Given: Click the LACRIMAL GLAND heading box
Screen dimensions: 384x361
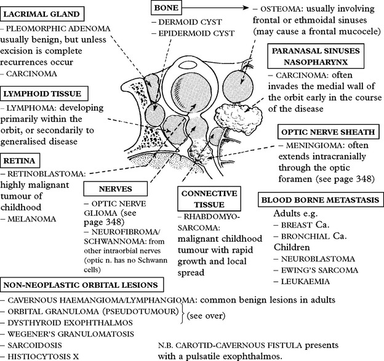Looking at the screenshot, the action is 42,14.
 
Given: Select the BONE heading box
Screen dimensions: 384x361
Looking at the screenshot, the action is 166,8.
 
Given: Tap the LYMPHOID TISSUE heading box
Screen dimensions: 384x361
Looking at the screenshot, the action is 44,93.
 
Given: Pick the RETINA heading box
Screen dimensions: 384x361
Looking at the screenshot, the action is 20,161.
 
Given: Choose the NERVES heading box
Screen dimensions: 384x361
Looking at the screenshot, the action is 115,189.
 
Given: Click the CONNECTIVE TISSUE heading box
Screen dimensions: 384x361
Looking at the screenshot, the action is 209,199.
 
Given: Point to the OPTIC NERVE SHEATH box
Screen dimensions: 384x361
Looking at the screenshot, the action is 328,132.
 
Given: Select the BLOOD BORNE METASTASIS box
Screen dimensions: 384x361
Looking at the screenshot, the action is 321,200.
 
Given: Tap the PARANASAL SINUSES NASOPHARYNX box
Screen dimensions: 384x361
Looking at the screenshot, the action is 316,57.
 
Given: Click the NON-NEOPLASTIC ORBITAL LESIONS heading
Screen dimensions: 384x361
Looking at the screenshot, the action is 82,285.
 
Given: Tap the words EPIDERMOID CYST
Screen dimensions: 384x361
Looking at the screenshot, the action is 196,33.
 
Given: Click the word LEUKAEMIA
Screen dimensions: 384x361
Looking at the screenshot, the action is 305,282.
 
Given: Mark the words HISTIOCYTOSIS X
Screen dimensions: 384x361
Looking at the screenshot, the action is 43,357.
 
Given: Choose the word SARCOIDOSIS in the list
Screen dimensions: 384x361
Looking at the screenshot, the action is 34,346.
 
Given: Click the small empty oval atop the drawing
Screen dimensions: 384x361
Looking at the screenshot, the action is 188,65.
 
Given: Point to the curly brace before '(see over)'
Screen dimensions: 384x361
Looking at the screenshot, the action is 183,314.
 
